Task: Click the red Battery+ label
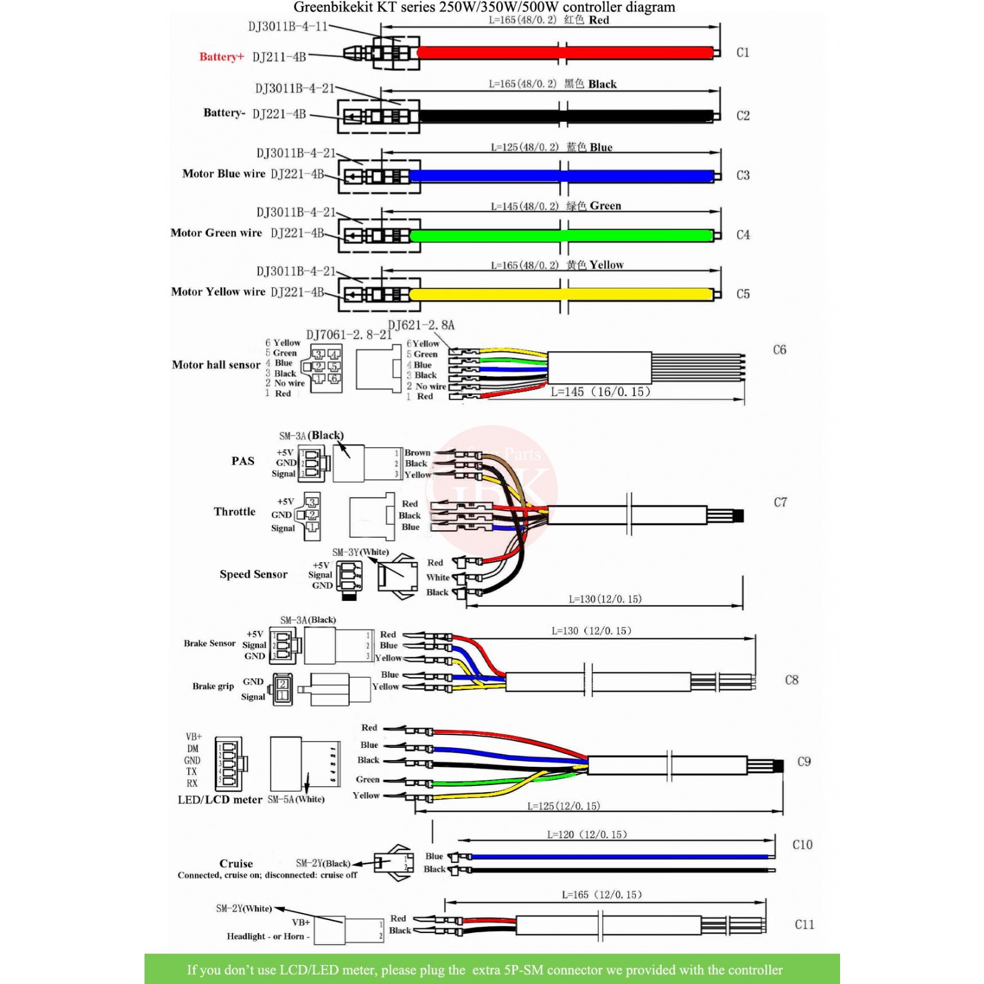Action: click(x=221, y=57)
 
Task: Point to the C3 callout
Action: click(x=743, y=175)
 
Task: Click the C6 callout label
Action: click(x=779, y=350)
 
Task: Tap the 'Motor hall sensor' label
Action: click(x=216, y=365)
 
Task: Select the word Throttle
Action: click(x=234, y=512)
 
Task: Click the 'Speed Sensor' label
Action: click(x=253, y=574)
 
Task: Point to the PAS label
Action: click(x=243, y=461)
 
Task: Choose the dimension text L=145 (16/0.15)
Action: click(x=600, y=392)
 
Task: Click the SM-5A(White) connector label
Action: click(x=296, y=799)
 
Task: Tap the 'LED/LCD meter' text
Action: click(x=220, y=799)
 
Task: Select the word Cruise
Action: click(x=236, y=863)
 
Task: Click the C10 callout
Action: click(x=802, y=845)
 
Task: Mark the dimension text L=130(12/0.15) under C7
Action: click(x=605, y=599)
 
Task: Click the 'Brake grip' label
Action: click(x=213, y=686)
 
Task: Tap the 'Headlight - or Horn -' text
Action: click(x=268, y=936)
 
